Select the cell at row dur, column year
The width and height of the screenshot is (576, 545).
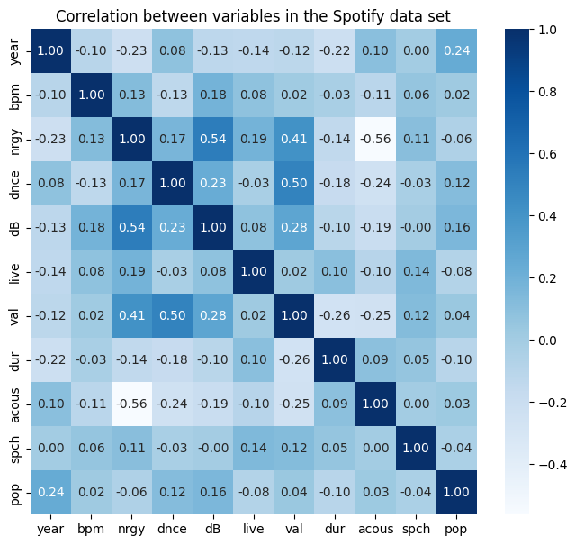pyautogui.click(x=51, y=359)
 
